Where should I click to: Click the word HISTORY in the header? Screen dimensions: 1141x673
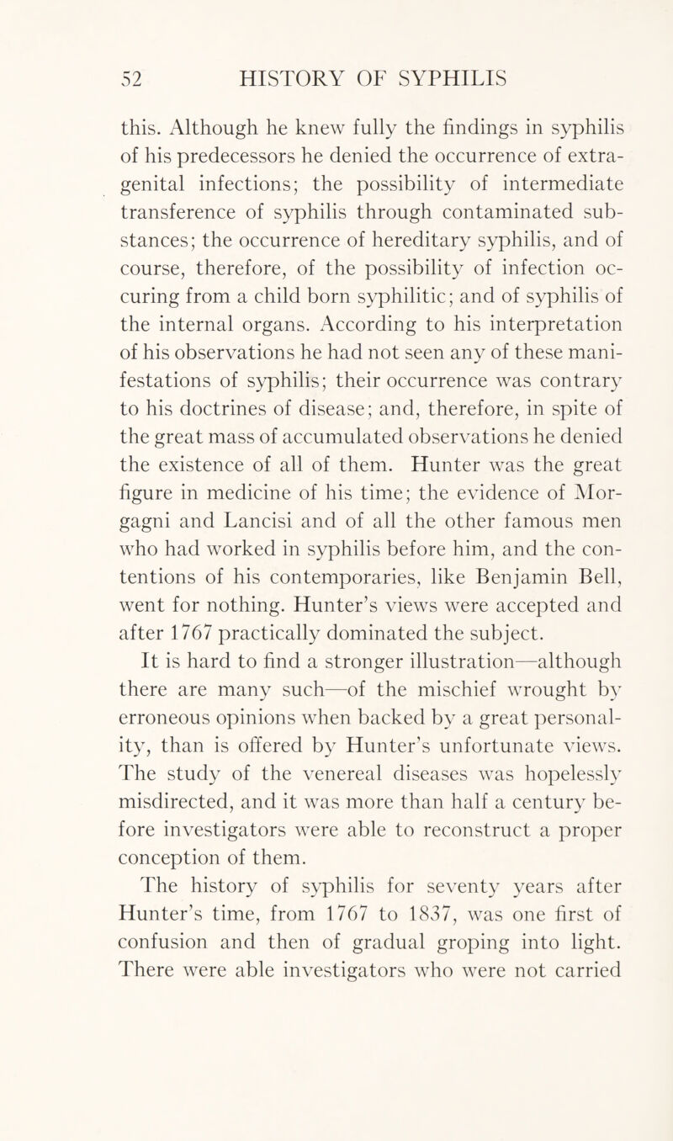click(x=276, y=80)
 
